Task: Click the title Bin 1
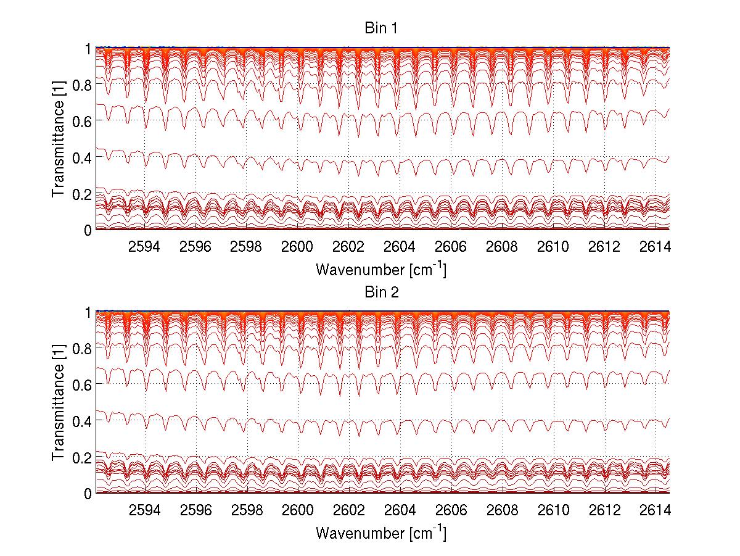(x=380, y=29)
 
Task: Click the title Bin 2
(x=380, y=293)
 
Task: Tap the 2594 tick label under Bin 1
(x=144, y=246)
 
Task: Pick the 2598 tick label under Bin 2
(x=246, y=510)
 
